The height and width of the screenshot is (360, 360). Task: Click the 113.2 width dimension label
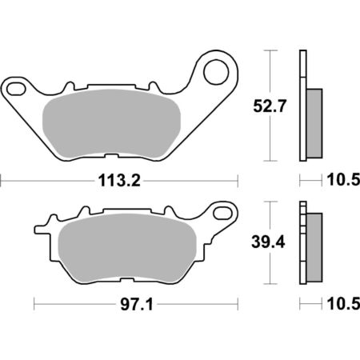point(119,181)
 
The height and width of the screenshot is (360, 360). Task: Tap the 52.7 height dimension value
point(270,106)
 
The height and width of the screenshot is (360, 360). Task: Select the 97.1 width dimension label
point(137,304)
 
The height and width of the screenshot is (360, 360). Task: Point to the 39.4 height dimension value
point(268,242)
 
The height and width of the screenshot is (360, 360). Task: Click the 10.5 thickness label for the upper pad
point(343,180)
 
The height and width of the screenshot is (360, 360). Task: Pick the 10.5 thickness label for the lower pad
point(343,304)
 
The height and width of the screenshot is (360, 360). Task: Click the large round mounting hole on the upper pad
point(216,72)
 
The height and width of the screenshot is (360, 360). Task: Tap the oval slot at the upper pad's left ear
point(16,90)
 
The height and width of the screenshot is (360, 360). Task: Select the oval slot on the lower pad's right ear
point(222,213)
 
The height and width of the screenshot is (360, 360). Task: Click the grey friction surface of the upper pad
point(111,123)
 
